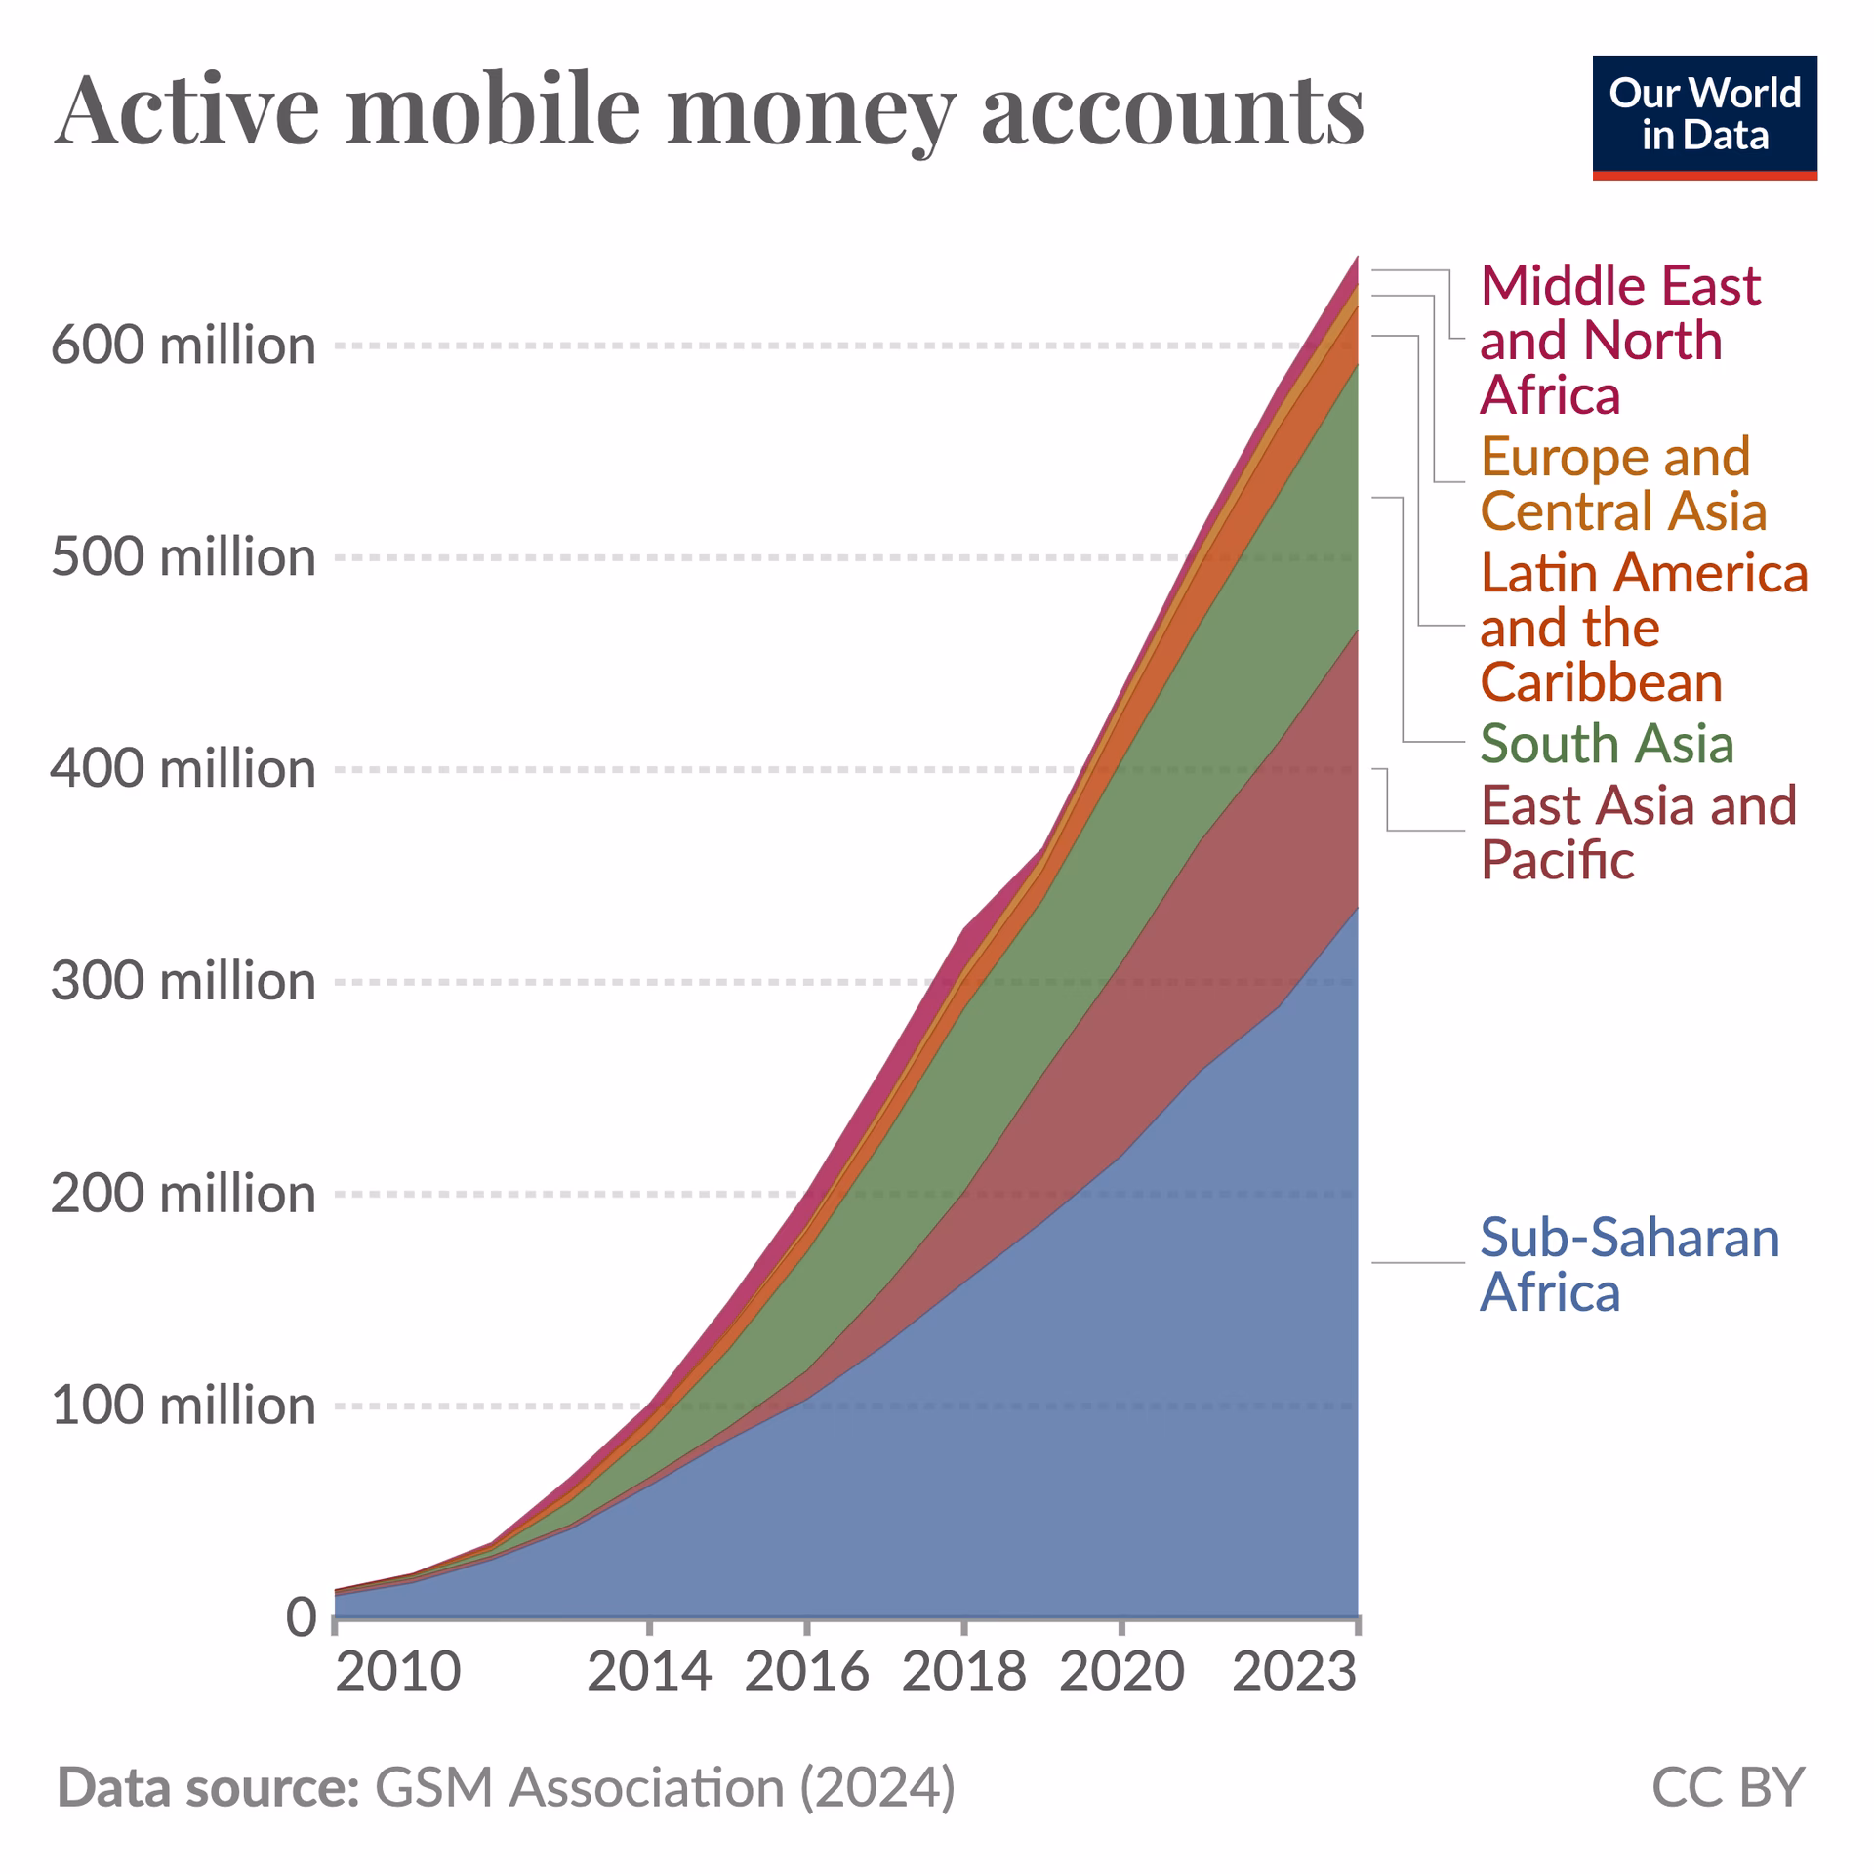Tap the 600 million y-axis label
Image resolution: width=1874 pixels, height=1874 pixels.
point(183,346)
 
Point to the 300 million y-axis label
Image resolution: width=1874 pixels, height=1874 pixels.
point(183,981)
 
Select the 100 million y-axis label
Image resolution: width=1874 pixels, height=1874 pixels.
point(183,1405)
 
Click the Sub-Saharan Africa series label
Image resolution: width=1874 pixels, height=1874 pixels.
point(1628,1265)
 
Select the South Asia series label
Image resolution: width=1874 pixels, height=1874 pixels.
point(1607,744)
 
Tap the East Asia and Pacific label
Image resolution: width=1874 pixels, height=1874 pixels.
point(1638,833)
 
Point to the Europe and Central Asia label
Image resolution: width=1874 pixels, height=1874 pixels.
point(1622,484)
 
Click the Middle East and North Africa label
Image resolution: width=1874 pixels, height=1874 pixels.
point(1620,340)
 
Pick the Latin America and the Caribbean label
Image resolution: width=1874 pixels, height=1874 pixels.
point(1644,627)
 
